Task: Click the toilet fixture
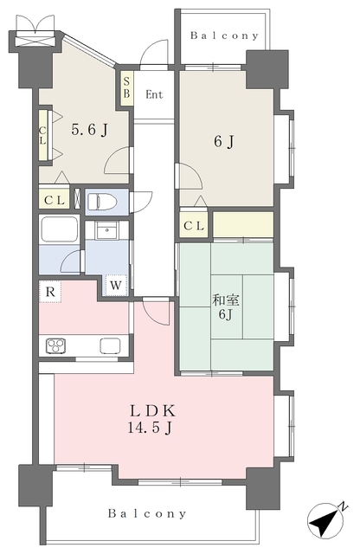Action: (102, 202)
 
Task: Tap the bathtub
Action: (60, 229)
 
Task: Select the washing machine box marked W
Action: (115, 285)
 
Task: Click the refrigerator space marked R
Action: (50, 292)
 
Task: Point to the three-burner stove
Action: (56, 346)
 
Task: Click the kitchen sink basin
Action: (110, 346)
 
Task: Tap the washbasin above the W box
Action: (106, 231)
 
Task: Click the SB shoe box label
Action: (126, 87)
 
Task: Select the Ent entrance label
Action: (154, 94)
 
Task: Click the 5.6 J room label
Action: (89, 130)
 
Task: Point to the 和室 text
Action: (225, 300)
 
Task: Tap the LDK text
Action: (152, 411)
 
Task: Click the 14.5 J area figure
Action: (150, 428)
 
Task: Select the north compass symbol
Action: (325, 520)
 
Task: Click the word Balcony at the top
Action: (224, 35)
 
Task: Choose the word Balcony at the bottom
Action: (147, 513)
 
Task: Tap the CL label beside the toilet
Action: (55, 200)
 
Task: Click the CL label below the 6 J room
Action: (194, 225)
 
